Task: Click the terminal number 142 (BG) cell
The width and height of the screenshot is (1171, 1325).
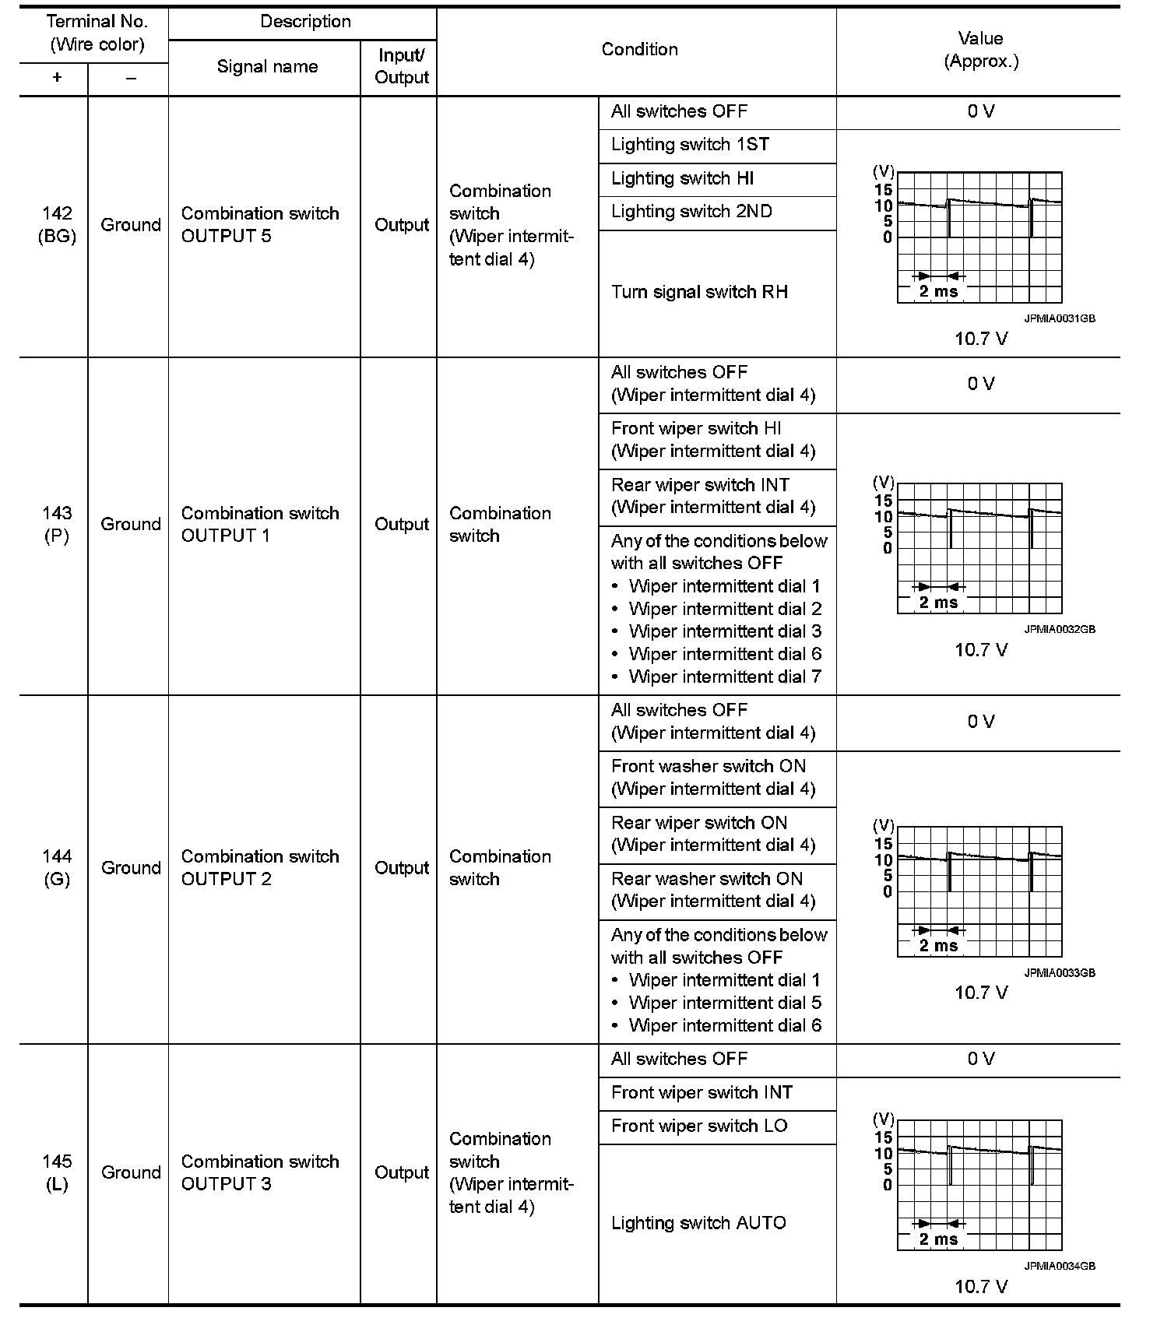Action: (57, 225)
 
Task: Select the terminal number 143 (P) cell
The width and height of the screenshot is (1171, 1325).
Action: (57, 524)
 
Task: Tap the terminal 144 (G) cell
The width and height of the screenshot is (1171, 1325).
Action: (57, 867)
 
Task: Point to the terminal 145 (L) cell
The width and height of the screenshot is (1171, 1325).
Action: (57, 1172)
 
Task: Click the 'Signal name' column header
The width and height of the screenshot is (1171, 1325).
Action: (267, 67)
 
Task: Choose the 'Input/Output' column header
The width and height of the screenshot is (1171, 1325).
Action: (402, 67)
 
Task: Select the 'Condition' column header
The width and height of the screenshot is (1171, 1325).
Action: (639, 50)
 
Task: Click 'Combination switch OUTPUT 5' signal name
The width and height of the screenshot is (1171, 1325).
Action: (260, 225)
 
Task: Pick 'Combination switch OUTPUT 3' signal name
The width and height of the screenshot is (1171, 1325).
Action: (260, 1172)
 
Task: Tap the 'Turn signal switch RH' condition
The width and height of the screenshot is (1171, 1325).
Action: (699, 293)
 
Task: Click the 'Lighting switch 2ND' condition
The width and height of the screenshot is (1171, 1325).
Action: (691, 212)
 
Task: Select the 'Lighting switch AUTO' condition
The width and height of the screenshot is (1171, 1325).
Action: (698, 1223)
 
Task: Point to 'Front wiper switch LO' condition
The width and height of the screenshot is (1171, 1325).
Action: (699, 1126)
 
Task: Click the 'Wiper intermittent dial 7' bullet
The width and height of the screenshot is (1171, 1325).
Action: (725, 677)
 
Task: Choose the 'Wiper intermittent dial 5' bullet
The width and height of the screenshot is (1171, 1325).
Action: (725, 1003)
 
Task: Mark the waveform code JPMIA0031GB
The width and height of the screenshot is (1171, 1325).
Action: (1059, 318)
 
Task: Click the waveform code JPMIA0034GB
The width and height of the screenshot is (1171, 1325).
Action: (1059, 1266)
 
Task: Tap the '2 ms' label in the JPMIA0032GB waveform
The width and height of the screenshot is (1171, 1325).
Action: (938, 603)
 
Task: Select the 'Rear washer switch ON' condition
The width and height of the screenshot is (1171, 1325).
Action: (707, 879)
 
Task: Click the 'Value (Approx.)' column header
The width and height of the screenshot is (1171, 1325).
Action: (980, 50)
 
